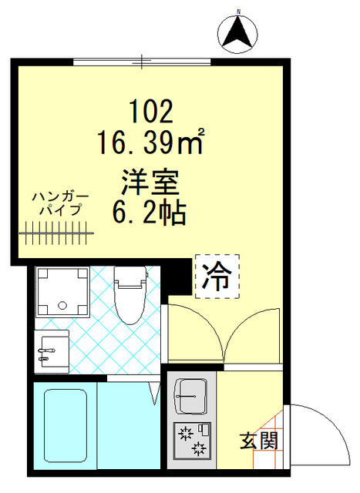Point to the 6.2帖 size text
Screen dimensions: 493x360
click(x=150, y=213)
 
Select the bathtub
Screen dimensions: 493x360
click(x=66, y=427)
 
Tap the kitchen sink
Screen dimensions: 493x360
click(x=190, y=397)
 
